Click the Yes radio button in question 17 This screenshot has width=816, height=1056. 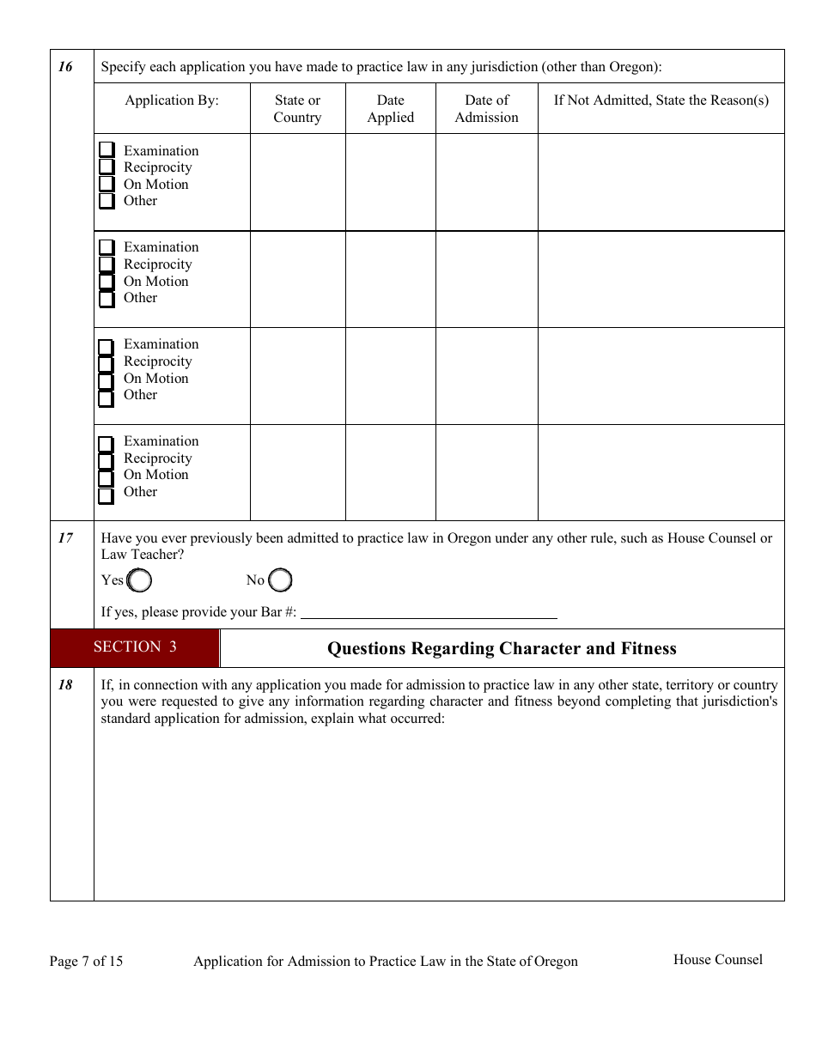pyautogui.click(x=139, y=581)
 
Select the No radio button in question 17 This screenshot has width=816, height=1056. pyautogui.click(x=280, y=581)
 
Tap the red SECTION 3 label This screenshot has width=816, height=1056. pyautogui.click(x=135, y=647)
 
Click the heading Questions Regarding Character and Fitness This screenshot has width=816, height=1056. pyautogui.click(x=502, y=648)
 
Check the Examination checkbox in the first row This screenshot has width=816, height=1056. pyautogui.click(x=107, y=150)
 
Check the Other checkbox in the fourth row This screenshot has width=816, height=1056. pyautogui.click(x=107, y=495)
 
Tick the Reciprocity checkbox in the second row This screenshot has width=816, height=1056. pyautogui.click(x=107, y=264)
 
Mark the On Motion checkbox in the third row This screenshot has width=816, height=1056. pyautogui.click(x=107, y=381)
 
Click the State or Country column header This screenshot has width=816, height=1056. pyautogui.click(x=297, y=108)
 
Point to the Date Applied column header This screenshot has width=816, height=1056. pyautogui.click(x=390, y=108)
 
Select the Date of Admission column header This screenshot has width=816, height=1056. pyautogui.click(x=486, y=108)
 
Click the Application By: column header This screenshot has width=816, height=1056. pyautogui.click(x=172, y=100)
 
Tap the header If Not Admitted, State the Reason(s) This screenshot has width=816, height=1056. pyautogui.click(x=661, y=100)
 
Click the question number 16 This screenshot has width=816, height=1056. pyautogui.click(x=65, y=67)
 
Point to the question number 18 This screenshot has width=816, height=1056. pyautogui.click(x=65, y=685)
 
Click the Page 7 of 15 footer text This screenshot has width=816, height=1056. pyautogui.click(x=86, y=961)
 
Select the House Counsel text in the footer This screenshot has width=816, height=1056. pyautogui.click(x=717, y=959)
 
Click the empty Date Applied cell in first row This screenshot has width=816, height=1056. pyautogui.click(x=390, y=182)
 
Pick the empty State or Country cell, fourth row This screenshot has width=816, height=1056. pyautogui.click(x=297, y=472)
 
